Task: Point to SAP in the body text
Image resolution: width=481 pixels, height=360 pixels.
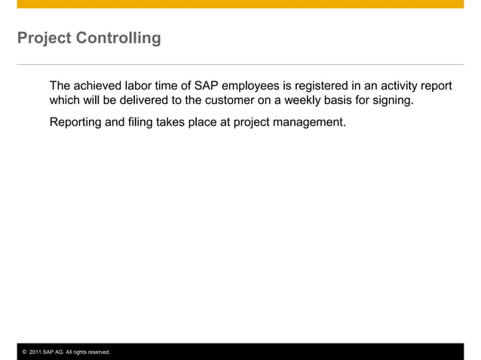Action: click(208, 86)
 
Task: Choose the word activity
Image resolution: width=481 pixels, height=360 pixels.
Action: click(394, 86)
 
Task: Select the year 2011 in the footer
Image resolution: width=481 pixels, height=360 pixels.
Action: click(35, 352)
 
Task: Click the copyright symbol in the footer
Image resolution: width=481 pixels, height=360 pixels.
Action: click(24, 352)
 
